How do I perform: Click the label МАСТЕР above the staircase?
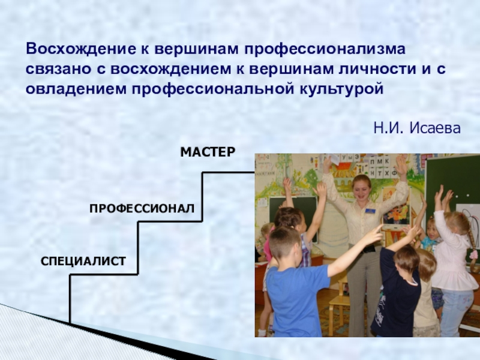[x=208, y=152]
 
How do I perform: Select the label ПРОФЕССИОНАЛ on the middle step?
[x=142, y=208]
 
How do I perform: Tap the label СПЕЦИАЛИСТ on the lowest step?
[x=83, y=261]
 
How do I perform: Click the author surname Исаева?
[x=434, y=128]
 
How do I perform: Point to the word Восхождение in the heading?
[x=81, y=49]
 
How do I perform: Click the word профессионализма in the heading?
[x=325, y=50]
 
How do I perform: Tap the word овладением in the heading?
[x=76, y=89]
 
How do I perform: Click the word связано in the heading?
[x=58, y=70]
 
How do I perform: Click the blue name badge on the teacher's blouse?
[x=370, y=211]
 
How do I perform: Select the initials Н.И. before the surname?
[x=389, y=128]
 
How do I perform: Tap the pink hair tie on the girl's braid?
[x=474, y=254]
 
